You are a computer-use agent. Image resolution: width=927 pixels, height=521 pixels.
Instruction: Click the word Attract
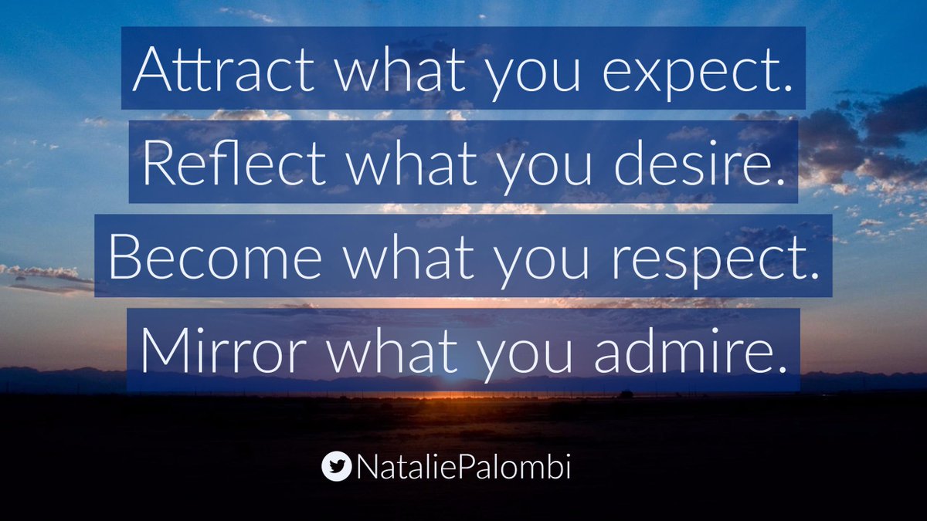pyautogui.click(x=223, y=71)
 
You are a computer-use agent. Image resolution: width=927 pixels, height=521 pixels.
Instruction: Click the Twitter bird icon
pyautogui.click(x=336, y=466)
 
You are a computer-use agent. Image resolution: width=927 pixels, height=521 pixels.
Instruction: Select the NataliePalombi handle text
pyautogui.click(x=463, y=466)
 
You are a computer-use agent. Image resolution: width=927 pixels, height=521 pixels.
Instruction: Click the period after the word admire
pyautogui.click(x=786, y=364)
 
